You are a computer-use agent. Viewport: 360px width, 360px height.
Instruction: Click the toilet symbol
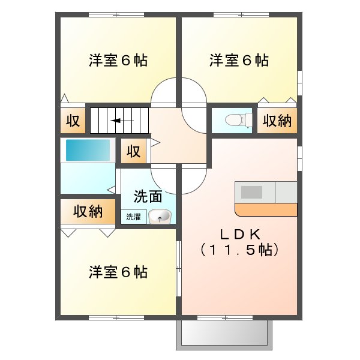point(239,120)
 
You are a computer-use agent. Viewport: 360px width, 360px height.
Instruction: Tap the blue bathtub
point(88,150)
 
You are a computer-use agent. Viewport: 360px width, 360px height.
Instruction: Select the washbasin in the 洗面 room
point(160,216)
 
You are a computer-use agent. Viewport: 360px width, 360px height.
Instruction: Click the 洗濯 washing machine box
point(133,217)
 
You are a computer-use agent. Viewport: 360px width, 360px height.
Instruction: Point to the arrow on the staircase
point(122,121)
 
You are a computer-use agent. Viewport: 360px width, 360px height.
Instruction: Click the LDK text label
point(240,235)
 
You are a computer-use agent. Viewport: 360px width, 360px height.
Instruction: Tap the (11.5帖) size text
point(239,250)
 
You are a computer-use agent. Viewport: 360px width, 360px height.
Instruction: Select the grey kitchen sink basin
point(251,192)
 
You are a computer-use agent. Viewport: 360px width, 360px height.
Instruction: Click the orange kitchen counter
point(266,209)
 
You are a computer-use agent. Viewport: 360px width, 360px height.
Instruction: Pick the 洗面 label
point(148,197)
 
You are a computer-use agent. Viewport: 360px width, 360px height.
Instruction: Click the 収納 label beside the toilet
point(277,121)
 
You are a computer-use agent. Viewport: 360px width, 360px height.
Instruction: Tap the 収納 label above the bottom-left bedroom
point(88,211)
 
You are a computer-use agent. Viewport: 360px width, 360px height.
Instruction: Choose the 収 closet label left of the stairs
point(73,121)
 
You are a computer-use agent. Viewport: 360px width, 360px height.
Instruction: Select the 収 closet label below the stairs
point(133,151)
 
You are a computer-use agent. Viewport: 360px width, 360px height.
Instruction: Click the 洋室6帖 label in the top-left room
point(118,60)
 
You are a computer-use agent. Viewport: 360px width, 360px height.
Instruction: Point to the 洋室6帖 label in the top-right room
point(239,60)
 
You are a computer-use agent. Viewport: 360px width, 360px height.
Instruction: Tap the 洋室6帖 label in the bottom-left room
point(118,272)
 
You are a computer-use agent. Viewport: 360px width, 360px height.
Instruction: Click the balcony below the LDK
point(224,334)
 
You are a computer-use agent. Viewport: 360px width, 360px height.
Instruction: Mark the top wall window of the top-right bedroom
point(241,14)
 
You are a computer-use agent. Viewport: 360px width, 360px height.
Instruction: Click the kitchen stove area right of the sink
point(286,192)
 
